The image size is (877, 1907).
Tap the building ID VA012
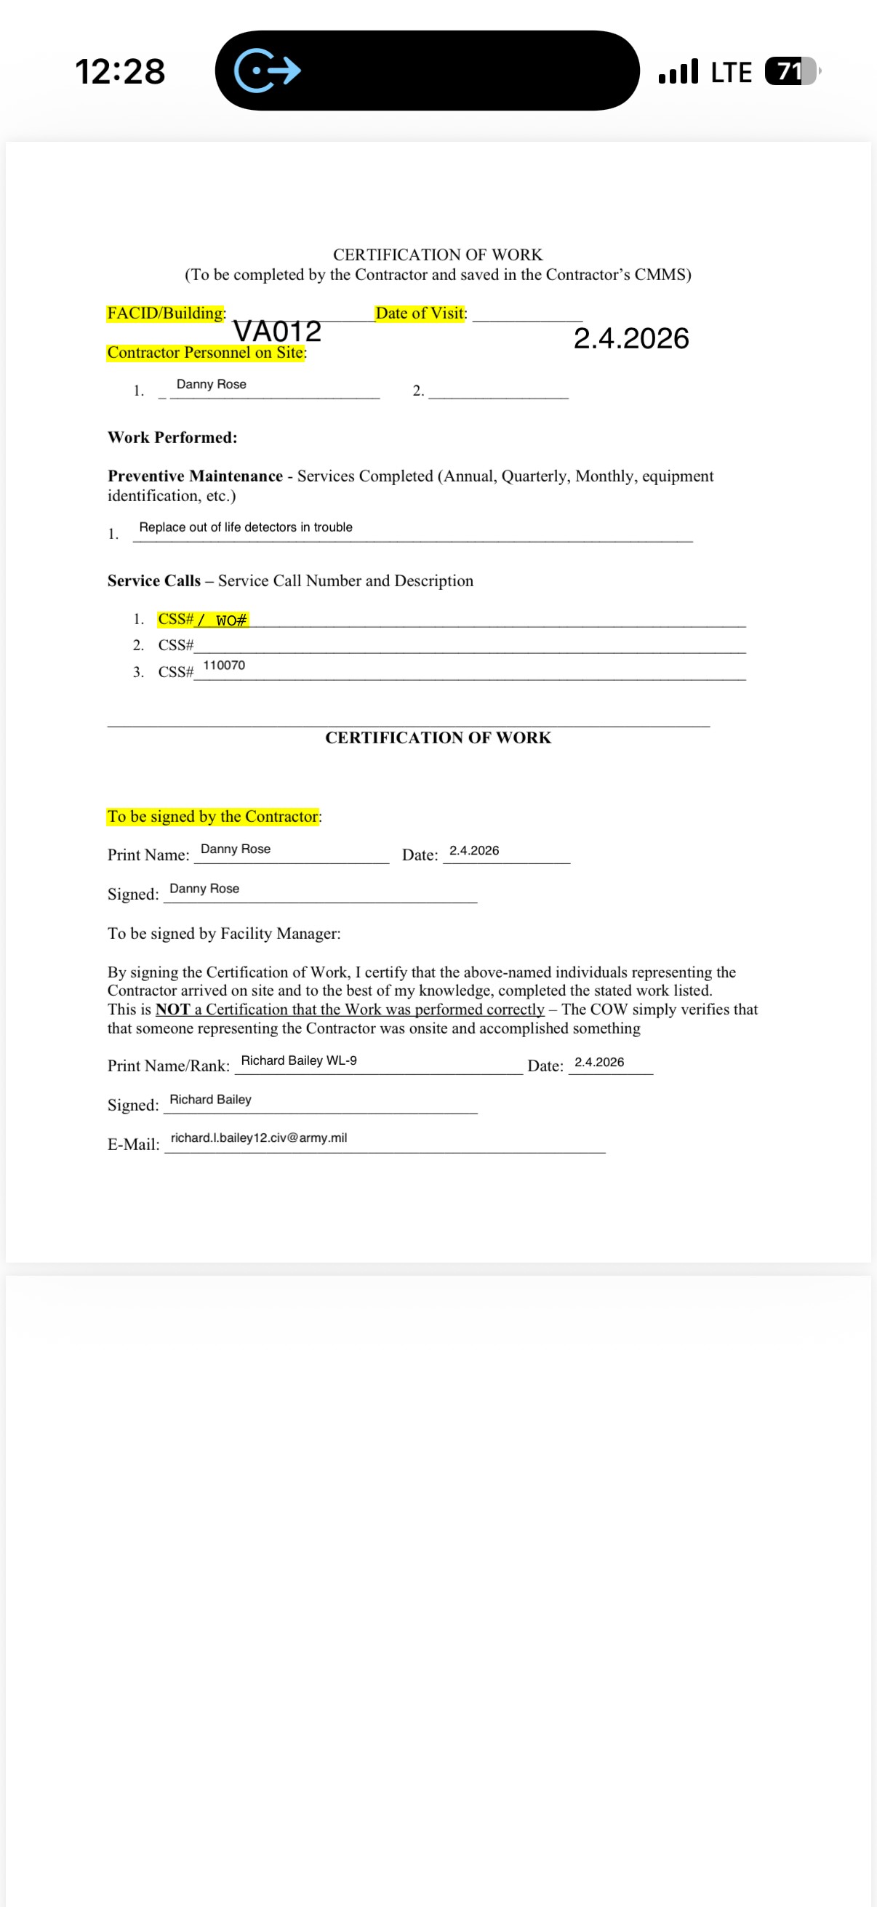277,332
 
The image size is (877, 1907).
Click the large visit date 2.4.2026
630,339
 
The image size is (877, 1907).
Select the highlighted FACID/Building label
166,313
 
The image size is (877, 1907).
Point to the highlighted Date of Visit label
420,313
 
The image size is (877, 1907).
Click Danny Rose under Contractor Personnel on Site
211,384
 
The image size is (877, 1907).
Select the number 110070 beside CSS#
223,665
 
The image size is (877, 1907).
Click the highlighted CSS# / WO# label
203,620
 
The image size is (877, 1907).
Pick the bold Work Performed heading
172,438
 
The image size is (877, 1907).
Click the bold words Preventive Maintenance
195,476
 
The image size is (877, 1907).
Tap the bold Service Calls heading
153,581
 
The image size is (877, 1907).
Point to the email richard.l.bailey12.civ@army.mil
258,1138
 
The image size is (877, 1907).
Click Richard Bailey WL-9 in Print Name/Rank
298,1061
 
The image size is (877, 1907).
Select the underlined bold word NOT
172,1010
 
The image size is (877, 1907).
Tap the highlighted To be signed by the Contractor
213,817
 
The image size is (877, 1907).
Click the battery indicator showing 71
790,72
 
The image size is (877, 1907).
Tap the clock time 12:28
120,72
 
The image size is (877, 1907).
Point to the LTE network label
730,73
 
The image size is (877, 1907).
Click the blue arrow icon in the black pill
267,71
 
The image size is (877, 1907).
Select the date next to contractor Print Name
473,851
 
